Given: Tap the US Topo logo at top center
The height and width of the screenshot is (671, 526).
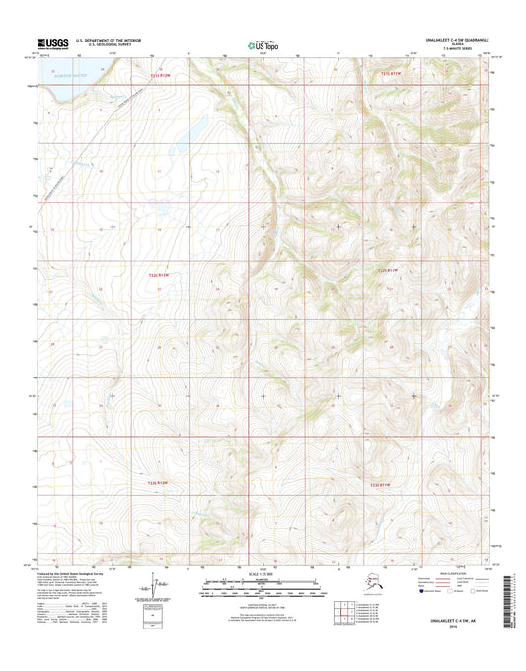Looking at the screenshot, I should tap(262, 43).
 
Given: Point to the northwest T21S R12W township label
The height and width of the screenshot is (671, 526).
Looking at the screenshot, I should tap(160, 74).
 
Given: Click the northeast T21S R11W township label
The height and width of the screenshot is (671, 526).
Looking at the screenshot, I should tap(393, 74).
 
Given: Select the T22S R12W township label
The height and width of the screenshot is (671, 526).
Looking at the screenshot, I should tap(160, 274).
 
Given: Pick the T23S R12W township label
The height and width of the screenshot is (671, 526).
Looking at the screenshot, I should tap(159, 482).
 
